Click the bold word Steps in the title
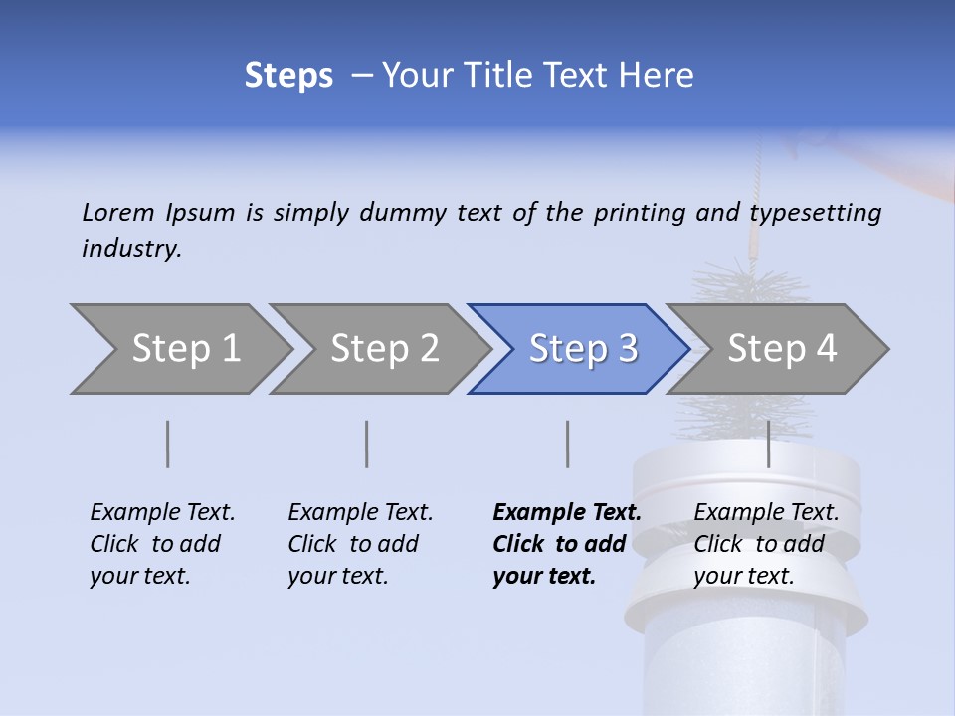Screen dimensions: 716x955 (x=288, y=75)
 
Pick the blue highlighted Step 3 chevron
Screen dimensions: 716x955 (x=579, y=349)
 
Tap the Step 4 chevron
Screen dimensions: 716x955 (x=778, y=349)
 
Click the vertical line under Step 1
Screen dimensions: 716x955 (x=168, y=445)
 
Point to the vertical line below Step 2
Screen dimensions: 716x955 (x=367, y=445)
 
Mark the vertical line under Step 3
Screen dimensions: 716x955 (x=568, y=445)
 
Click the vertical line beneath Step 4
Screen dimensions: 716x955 (x=769, y=445)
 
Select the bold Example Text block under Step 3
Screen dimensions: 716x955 (x=565, y=544)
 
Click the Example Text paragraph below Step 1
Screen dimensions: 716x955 (x=162, y=544)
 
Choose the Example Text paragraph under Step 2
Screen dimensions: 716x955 (x=360, y=544)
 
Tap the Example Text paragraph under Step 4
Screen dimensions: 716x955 (x=765, y=544)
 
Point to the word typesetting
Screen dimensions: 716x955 (x=815, y=213)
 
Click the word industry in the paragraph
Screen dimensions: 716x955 (x=130, y=249)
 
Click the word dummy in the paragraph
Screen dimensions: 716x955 (x=404, y=213)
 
